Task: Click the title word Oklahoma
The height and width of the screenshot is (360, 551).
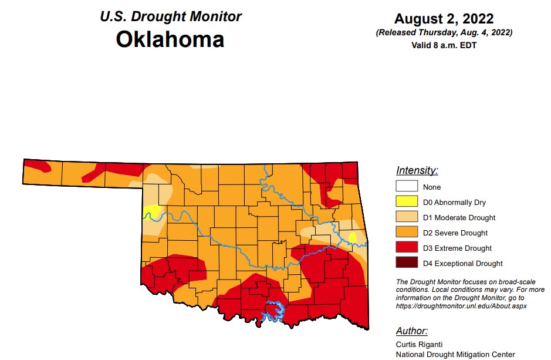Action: click(x=170, y=39)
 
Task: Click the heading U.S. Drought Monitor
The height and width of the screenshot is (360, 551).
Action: click(x=170, y=16)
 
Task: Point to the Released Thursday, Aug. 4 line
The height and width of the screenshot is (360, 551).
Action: click(x=444, y=33)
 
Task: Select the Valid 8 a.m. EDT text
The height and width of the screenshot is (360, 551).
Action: click(x=444, y=45)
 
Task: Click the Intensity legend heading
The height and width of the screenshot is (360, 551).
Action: click(x=417, y=171)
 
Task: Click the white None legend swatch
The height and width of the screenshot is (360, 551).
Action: click(x=407, y=187)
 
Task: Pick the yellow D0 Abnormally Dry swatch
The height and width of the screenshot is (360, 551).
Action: click(x=407, y=203)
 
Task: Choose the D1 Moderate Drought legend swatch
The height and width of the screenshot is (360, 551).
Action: click(x=407, y=218)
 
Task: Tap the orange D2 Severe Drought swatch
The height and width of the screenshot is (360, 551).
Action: click(x=407, y=233)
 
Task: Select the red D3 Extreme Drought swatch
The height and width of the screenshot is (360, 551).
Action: click(x=407, y=248)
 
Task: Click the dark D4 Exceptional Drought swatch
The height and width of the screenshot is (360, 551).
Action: click(x=407, y=264)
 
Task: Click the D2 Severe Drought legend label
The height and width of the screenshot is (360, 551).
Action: click(x=455, y=233)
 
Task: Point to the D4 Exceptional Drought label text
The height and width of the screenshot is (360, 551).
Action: click(x=462, y=264)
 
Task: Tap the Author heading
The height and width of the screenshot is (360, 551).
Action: click(x=412, y=331)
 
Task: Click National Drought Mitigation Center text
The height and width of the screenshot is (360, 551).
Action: click(x=455, y=354)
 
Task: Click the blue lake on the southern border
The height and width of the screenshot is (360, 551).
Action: click(x=273, y=312)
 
